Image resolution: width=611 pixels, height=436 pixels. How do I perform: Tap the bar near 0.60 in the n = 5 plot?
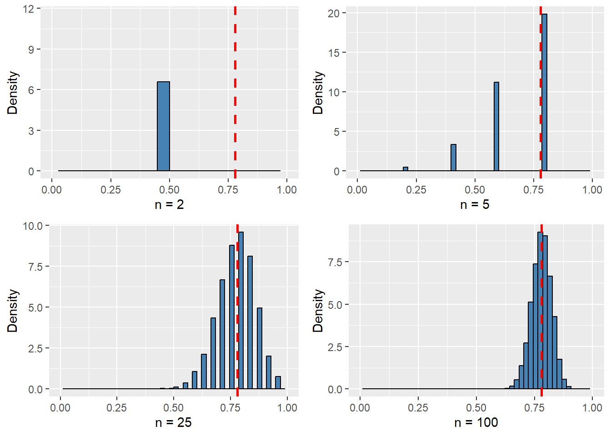496,127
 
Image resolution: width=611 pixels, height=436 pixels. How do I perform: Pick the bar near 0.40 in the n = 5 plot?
453,158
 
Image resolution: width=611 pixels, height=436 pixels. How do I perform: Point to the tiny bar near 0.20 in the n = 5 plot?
406,169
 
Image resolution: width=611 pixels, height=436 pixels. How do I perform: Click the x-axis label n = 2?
169,205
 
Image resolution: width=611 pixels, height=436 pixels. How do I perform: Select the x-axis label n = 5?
475,205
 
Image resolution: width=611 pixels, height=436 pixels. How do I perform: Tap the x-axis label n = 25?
173,423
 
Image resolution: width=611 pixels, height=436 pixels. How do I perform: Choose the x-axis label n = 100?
476,423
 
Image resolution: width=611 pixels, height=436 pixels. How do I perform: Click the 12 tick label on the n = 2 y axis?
29,9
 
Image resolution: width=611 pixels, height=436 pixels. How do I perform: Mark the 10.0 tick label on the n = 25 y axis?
33,226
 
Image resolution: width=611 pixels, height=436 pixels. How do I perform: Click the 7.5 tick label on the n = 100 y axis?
336,262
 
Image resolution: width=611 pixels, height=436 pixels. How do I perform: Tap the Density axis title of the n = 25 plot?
12,311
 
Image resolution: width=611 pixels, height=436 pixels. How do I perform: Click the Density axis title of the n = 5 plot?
318,93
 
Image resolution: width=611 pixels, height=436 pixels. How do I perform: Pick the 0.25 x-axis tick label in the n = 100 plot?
418,407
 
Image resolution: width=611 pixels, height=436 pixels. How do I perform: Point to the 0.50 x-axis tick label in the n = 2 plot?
169,189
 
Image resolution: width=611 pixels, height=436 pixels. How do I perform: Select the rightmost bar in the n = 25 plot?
278,382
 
